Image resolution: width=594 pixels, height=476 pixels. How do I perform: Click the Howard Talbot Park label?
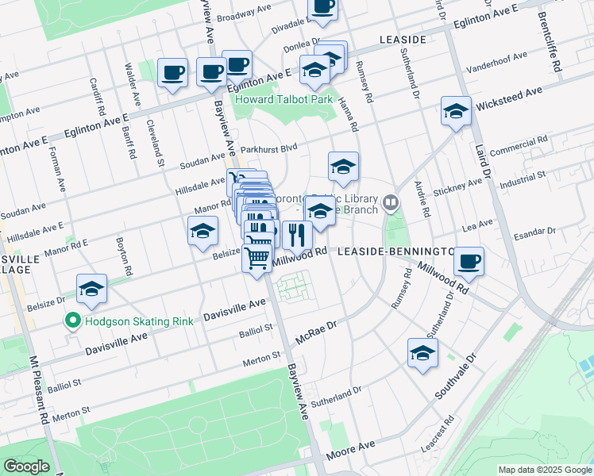point(283,100)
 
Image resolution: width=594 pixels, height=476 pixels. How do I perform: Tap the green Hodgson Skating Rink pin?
point(73,321)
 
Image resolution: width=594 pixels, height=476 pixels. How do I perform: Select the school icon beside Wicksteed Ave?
point(456,113)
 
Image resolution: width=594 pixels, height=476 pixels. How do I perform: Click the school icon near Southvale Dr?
point(422,354)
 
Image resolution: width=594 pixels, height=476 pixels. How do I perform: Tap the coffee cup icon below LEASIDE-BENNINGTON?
point(469,261)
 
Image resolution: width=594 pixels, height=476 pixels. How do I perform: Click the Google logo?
point(26,466)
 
